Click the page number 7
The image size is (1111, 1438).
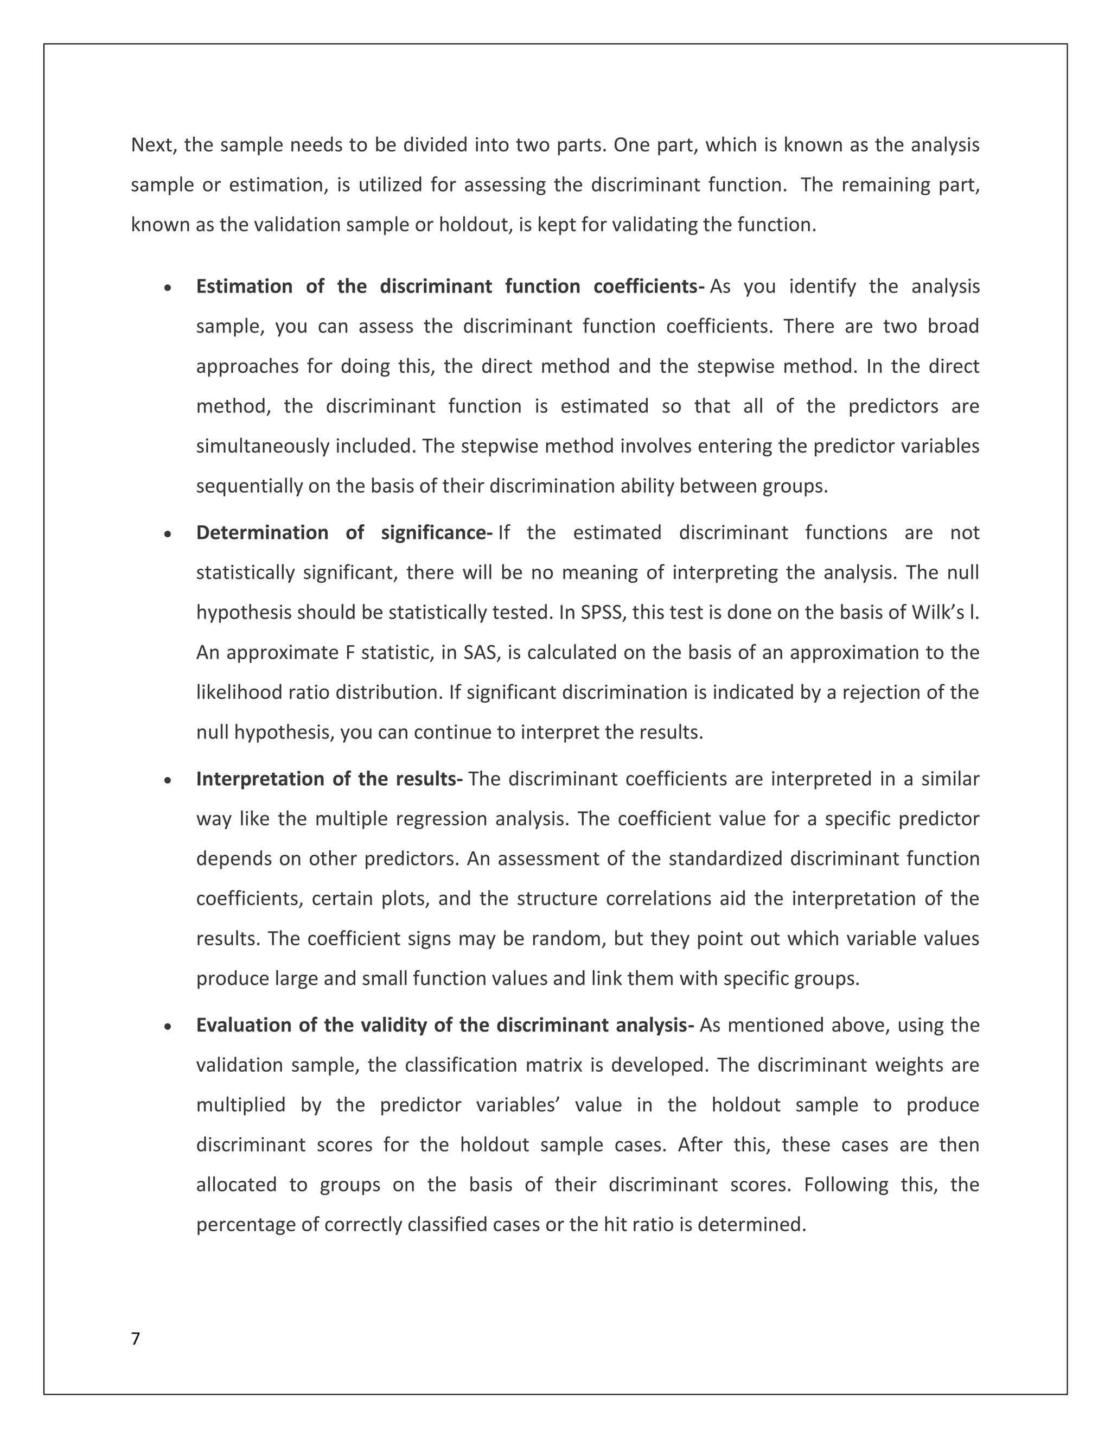click(x=136, y=1339)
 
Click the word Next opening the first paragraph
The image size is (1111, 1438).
click(x=154, y=145)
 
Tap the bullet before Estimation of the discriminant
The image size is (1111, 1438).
click(x=169, y=288)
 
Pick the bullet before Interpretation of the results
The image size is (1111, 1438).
click(x=169, y=781)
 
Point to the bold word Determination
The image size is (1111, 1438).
click(x=262, y=533)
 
